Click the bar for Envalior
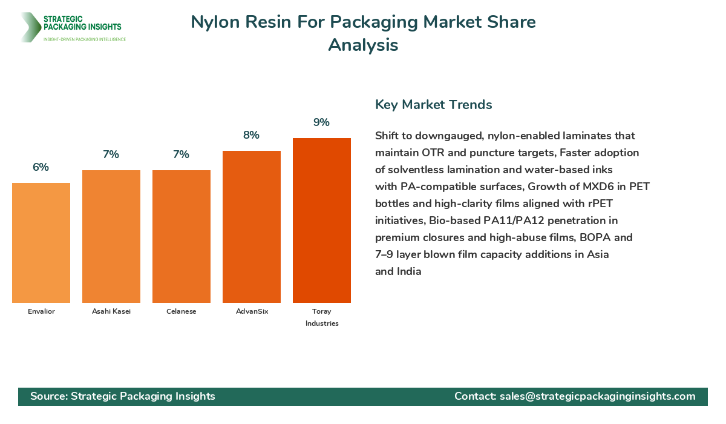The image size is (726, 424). click(x=41, y=242)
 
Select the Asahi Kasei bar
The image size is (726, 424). click(x=111, y=236)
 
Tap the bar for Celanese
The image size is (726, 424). click(x=181, y=236)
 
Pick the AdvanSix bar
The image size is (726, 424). click(x=252, y=227)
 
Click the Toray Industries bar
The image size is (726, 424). click(x=322, y=220)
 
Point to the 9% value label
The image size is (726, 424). click(x=321, y=122)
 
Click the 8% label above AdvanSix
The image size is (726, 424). click(x=251, y=135)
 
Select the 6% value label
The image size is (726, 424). click(x=41, y=167)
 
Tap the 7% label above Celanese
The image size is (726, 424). click(x=181, y=154)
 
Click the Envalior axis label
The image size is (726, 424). click(x=41, y=311)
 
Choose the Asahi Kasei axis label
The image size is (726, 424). click(x=111, y=311)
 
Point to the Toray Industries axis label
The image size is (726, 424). click(x=322, y=317)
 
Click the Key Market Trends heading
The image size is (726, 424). click(x=433, y=104)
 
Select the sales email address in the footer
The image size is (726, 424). click(x=597, y=396)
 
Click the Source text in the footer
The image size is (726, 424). click(x=123, y=396)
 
